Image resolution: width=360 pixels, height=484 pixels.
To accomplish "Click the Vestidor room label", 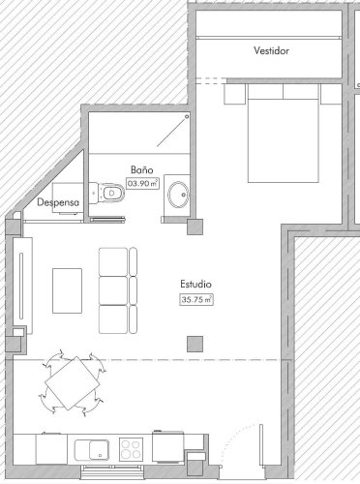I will pos(271,50).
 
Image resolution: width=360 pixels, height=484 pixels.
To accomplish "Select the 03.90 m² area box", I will pos(142,181).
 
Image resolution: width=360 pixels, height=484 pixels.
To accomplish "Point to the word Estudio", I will pos(195,285).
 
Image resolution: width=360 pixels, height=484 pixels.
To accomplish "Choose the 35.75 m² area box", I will pos(196,300).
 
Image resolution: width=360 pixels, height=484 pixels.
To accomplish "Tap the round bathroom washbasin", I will pos(178,196).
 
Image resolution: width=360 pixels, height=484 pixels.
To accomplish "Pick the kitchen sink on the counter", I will pos(93,447).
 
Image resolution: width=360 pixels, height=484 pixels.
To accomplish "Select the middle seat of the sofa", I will pos(113,290).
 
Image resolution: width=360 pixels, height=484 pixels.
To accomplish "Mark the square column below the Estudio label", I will pos(195,343).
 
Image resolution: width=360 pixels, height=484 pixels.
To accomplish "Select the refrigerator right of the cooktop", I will pos(166,447).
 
